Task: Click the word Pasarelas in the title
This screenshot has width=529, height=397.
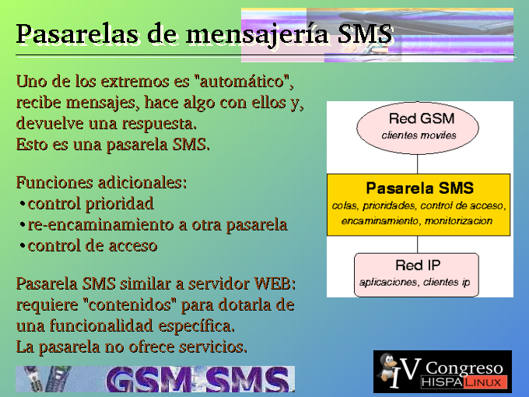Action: click(x=77, y=33)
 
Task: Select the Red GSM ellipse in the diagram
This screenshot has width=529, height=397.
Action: click(x=418, y=128)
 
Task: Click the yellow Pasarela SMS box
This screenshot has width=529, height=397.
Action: click(x=419, y=205)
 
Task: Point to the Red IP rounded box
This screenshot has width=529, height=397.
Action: click(x=417, y=275)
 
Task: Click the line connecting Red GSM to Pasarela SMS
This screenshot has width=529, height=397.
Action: click(x=418, y=164)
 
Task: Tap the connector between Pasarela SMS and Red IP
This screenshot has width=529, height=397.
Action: click(x=418, y=244)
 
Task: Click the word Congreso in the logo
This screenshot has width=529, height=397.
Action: click(x=464, y=368)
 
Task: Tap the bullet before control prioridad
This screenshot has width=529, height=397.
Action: click(x=22, y=204)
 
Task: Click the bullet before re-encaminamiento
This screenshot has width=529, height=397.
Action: click(x=22, y=225)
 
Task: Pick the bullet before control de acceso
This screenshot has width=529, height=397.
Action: click(x=22, y=246)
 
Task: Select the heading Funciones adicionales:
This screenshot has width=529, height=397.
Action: click(x=101, y=183)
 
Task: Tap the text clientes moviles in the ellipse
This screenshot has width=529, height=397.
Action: click(x=419, y=135)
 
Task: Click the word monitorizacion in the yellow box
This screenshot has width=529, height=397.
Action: click(x=458, y=221)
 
